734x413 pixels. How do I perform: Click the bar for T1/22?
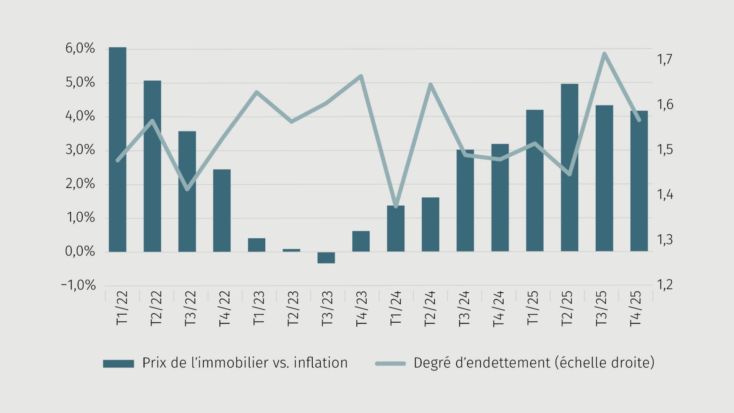click(117, 149)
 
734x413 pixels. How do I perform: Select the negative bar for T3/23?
click(326, 257)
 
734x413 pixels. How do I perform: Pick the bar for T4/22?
click(222, 210)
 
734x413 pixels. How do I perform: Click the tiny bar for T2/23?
click(291, 250)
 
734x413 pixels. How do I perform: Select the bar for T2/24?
click(430, 224)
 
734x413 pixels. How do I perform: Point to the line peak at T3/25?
click(604, 54)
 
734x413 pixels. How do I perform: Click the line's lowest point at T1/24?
click(396, 206)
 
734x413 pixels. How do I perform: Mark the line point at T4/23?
click(361, 76)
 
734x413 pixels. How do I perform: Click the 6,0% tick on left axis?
click(80, 49)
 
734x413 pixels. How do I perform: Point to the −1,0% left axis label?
click(78, 285)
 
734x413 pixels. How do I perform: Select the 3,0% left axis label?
click(80, 150)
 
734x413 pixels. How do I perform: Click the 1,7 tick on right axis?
click(665, 59)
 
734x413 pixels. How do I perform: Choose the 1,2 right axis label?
click(665, 285)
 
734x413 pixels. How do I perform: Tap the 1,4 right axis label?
click(665, 195)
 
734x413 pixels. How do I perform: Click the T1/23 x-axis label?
click(259, 308)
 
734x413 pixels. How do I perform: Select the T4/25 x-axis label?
click(635, 308)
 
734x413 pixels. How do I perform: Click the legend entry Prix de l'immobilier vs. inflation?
click(245, 363)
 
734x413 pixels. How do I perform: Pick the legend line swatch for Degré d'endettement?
click(390, 363)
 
